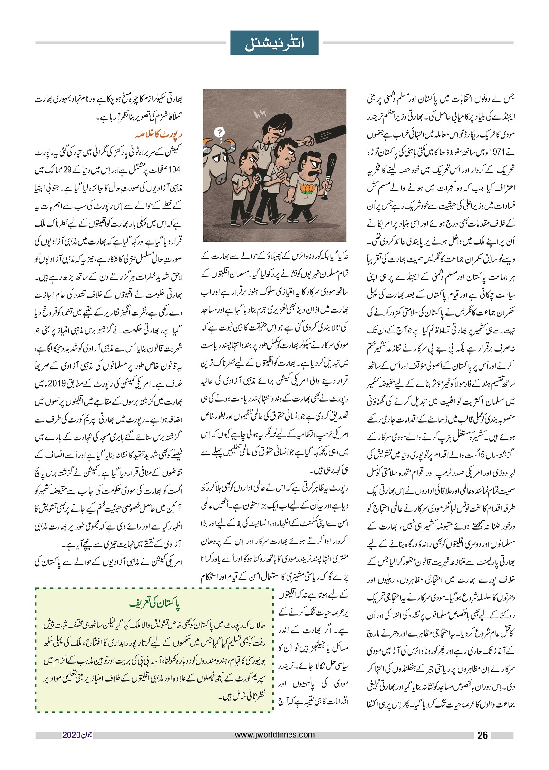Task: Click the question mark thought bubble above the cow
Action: [219, 133]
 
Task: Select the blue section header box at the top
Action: [274, 43]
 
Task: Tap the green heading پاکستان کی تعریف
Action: [155, 604]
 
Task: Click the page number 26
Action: [482, 736]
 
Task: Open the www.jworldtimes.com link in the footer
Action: [275, 735]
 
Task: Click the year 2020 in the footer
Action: [70, 735]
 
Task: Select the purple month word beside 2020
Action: [85, 735]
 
